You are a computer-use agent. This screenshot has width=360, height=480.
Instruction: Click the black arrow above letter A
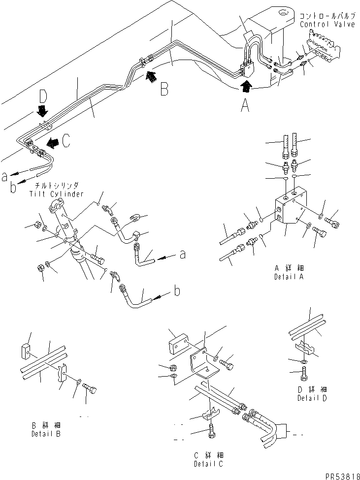pos(246,86)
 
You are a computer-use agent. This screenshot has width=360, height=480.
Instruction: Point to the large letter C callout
pos(66,141)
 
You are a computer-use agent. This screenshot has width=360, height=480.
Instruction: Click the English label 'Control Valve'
pos(327,25)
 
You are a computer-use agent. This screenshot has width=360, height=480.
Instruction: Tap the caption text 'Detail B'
pos(46,434)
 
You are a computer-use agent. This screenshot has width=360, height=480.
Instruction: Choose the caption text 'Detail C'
pos(208,464)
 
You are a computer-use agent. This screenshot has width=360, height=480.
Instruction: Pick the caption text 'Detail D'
pos(312,398)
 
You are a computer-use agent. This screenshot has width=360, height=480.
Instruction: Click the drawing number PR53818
pos(343,477)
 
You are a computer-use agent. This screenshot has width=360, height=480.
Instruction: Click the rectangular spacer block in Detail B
pos(25,352)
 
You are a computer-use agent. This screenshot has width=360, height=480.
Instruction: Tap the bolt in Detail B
pos(90,389)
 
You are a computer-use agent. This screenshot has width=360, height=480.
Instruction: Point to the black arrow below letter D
pos(42,111)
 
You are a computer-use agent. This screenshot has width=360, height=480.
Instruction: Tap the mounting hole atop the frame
pos(283,13)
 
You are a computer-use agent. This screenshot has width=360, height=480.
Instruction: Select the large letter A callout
pos(245,106)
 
